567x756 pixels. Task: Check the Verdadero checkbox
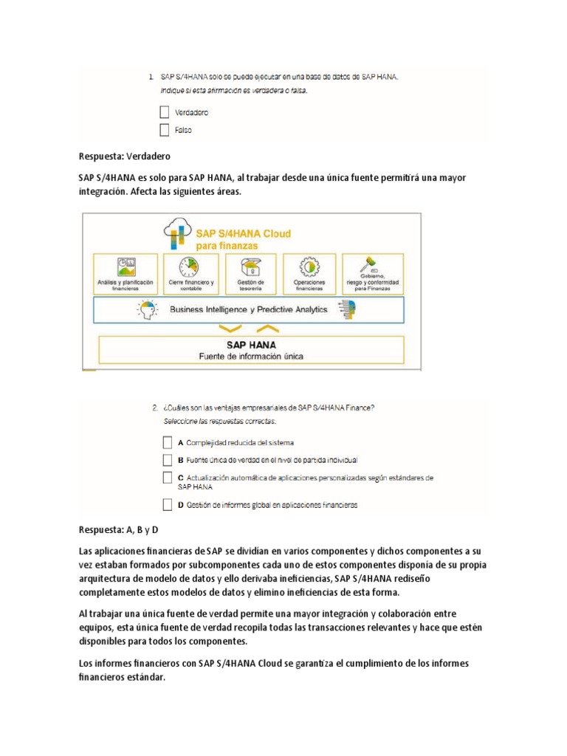(x=165, y=113)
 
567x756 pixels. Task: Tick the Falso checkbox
(x=165, y=131)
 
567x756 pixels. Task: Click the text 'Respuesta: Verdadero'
(x=124, y=157)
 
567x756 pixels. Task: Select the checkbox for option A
(x=167, y=443)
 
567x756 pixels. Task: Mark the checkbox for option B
(x=167, y=459)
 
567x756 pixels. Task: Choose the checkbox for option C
(x=167, y=478)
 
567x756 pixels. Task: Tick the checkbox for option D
(x=167, y=505)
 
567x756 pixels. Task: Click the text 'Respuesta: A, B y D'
(x=118, y=530)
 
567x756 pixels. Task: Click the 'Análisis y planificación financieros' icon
(x=126, y=266)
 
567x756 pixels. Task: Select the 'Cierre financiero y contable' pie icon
(x=190, y=266)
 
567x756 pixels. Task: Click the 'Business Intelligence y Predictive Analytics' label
(x=249, y=310)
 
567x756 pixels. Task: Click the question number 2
(x=154, y=407)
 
